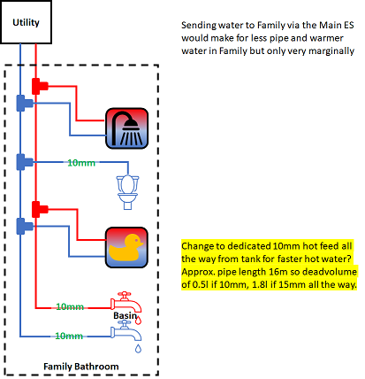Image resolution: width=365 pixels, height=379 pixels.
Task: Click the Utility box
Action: tap(26, 22)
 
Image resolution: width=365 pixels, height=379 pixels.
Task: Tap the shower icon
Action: tap(126, 128)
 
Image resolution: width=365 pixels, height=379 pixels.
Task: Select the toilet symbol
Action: tap(127, 192)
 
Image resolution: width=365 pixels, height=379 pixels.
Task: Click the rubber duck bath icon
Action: tap(126, 247)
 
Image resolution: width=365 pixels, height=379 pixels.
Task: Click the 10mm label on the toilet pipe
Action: tap(81, 163)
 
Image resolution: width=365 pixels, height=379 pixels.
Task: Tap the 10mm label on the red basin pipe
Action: tap(70, 306)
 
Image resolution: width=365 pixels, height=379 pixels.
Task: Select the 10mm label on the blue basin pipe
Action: tap(69, 336)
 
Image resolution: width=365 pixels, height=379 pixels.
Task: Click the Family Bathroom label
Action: tap(81, 367)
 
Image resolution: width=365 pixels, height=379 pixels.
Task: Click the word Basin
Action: tap(125, 315)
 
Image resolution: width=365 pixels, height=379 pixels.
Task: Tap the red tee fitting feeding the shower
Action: tap(40, 86)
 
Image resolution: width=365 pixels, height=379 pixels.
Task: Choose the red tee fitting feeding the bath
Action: tap(40, 209)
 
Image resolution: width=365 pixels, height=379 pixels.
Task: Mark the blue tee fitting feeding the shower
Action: tap(25, 103)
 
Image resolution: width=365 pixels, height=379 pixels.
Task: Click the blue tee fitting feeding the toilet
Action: tap(25, 162)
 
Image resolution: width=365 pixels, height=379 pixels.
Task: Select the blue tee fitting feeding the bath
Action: tap(25, 226)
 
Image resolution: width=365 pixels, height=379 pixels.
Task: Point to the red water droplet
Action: tap(139, 321)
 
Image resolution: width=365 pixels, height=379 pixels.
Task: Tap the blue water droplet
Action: tap(138, 348)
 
